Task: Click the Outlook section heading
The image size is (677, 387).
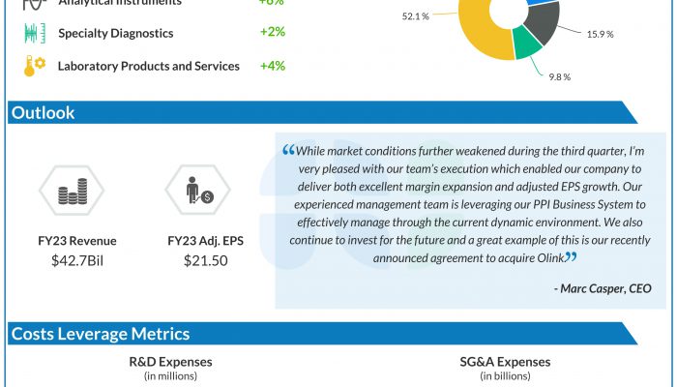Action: pyautogui.click(x=43, y=113)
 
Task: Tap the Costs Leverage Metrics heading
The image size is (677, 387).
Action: pyautogui.click(x=101, y=334)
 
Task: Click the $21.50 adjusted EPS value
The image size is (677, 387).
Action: pyautogui.click(x=205, y=260)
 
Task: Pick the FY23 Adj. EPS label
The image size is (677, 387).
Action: pyautogui.click(x=205, y=241)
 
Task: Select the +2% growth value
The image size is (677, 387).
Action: pyautogui.click(x=272, y=33)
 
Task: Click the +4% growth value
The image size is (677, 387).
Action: pyautogui.click(x=272, y=66)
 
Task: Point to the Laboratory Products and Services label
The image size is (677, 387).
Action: pyautogui.click(x=149, y=66)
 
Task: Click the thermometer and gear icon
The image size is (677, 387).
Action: pyautogui.click(x=34, y=67)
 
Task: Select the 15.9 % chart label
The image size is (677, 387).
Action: pyautogui.click(x=600, y=35)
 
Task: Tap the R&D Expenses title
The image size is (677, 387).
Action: pyautogui.click(x=170, y=362)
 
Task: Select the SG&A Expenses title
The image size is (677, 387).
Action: pyautogui.click(x=505, y=362)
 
